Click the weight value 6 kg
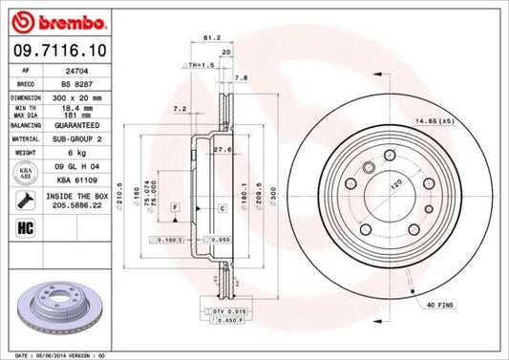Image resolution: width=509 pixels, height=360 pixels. tap(66, 151)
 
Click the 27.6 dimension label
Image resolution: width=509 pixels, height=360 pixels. tap(223, 150)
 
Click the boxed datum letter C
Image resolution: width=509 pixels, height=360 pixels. tap(221, 207)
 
